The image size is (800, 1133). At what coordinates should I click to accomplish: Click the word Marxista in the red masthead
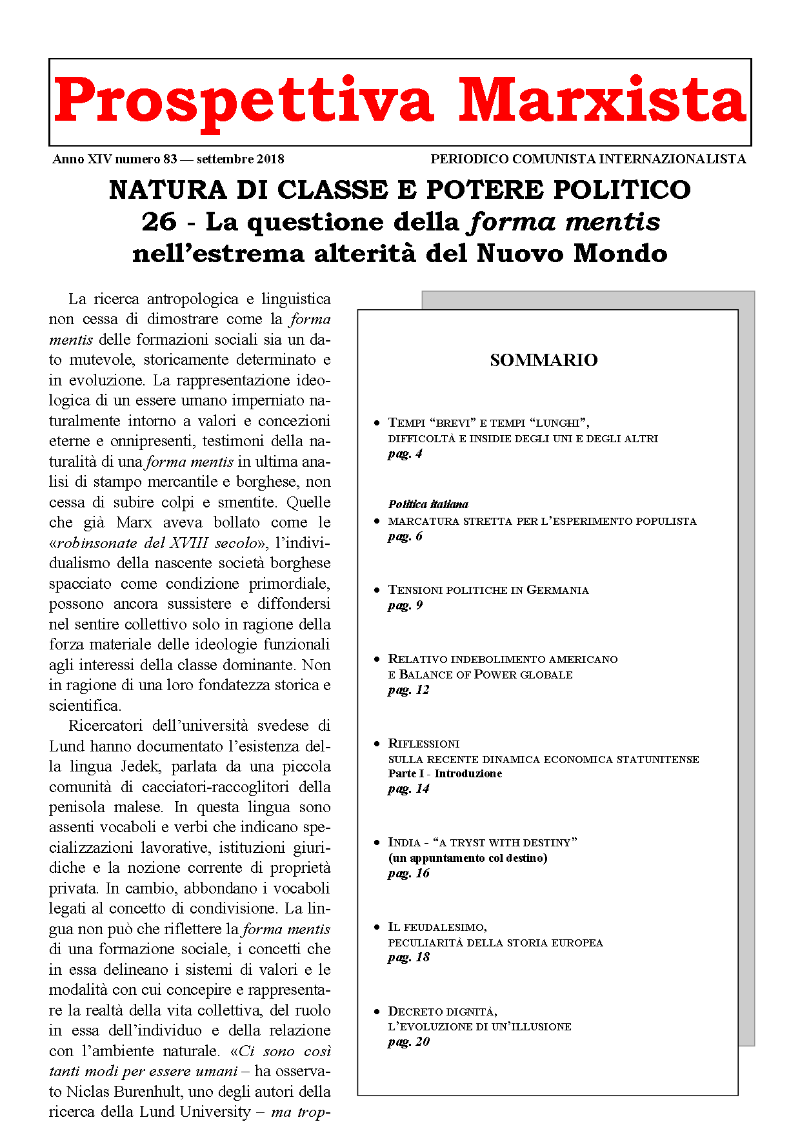point(602,100)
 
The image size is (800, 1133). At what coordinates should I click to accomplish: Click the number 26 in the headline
point(159,221)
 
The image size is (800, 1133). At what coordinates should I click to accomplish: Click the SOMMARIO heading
point(543,360)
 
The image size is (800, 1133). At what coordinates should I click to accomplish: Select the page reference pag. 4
point(405,454)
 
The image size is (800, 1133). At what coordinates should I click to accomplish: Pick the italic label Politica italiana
point(428,504)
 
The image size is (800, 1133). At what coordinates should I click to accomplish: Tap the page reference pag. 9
point(405,606)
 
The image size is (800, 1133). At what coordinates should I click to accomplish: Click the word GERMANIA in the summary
point(557,590)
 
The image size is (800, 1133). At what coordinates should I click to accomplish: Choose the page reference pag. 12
point(408,690)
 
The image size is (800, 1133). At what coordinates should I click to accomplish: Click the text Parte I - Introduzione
point(445,773)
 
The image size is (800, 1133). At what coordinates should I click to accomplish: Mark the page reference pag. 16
point(408,873)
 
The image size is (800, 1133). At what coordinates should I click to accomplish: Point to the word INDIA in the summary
point(405,842)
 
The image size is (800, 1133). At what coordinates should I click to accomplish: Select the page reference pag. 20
point(408,1042)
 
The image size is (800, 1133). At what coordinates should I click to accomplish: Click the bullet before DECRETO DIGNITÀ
point(377,1012)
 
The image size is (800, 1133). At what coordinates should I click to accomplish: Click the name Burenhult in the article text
point(155,1092)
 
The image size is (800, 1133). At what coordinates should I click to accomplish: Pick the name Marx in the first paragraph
point(134,522)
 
